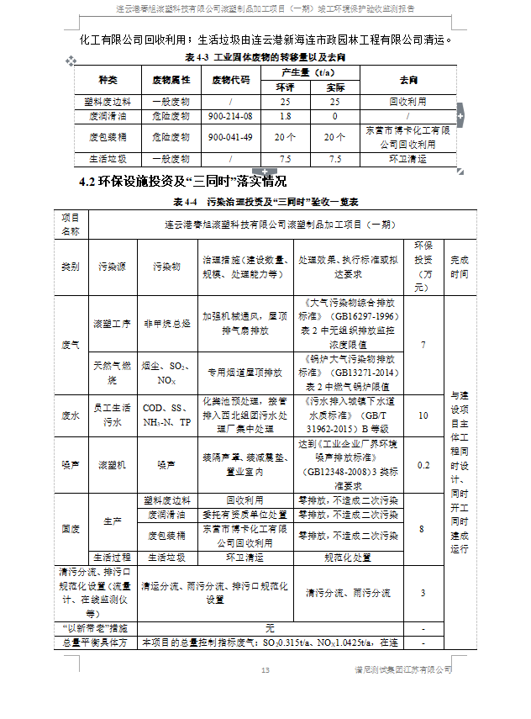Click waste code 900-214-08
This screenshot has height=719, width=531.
point(229,117)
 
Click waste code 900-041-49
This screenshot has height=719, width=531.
point(229,137)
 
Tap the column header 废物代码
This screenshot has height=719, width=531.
point(229,80)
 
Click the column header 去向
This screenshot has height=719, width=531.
point(408,80)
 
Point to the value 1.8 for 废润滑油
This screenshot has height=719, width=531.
point(286,117)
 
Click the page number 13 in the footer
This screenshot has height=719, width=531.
point(265,669)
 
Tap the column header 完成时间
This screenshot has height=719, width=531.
point(460,267)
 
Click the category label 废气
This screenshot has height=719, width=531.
point(71,346)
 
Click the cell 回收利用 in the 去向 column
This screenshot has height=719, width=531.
point(408,101)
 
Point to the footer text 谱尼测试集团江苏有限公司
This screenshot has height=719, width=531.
point(402,669)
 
